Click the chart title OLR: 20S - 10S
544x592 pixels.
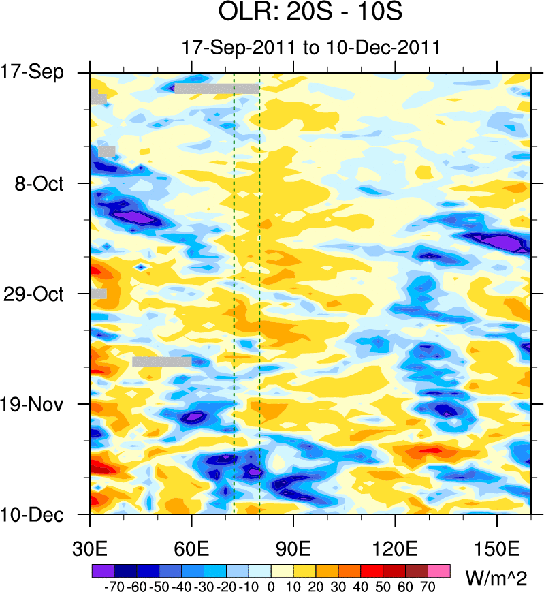click(310, 13)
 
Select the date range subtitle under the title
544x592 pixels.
click(310, 48)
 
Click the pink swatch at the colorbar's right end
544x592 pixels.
click(440, 570)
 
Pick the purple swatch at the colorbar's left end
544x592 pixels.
click(102, 570)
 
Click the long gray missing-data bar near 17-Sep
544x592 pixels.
click(217, 89)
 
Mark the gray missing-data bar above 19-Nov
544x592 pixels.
click(161, 362)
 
